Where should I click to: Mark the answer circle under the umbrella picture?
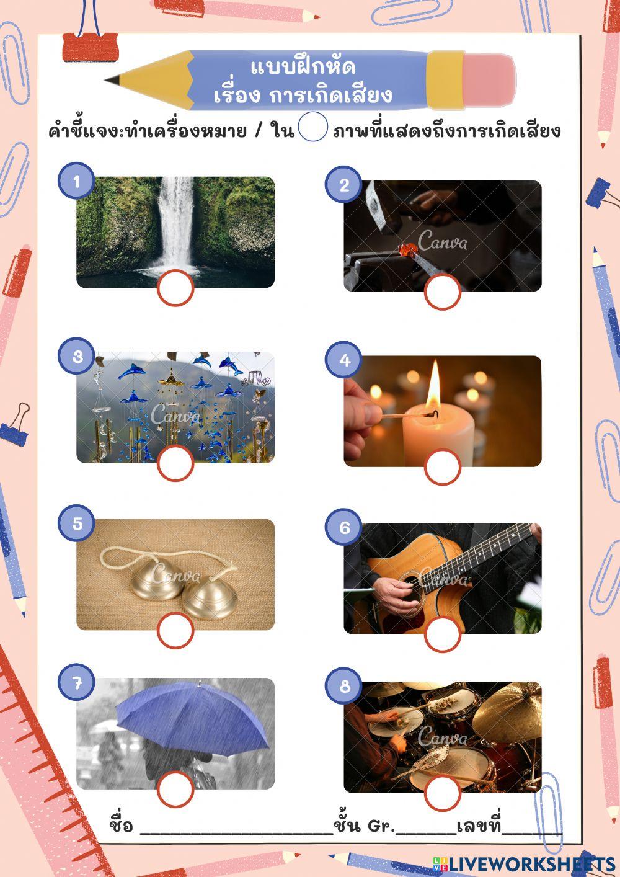pyautogui.click(x=175, y=789)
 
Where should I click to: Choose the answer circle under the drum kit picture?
pyautogui.click(x=443, y=793)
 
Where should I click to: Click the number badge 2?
pyautogui.click(x=344, y=184)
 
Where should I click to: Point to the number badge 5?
pyautogui.click(x=77, y=523)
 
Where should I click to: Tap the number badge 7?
pyautogui.click(x=77, y=683)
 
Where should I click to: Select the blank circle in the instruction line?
pyautogui.click(x=313, y=127)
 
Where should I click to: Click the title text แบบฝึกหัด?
pyautogui.click(x=303, y=67)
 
